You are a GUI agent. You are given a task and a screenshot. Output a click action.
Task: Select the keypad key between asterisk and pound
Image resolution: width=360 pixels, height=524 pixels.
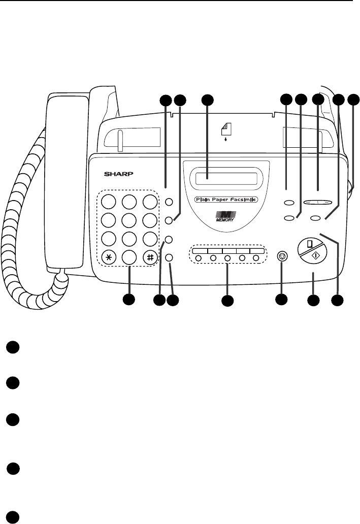[x=129, y=256]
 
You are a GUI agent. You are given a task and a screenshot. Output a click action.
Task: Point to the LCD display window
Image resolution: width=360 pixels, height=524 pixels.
[x=223, y=179]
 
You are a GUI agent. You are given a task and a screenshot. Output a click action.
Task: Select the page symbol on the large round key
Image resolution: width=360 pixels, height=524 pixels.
[x=308, y=247]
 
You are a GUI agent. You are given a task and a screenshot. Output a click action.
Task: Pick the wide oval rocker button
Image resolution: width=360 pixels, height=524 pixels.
[x=318, y=203]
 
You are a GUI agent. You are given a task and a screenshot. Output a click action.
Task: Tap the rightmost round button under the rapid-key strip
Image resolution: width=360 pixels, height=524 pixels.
[x=256, y=258]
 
